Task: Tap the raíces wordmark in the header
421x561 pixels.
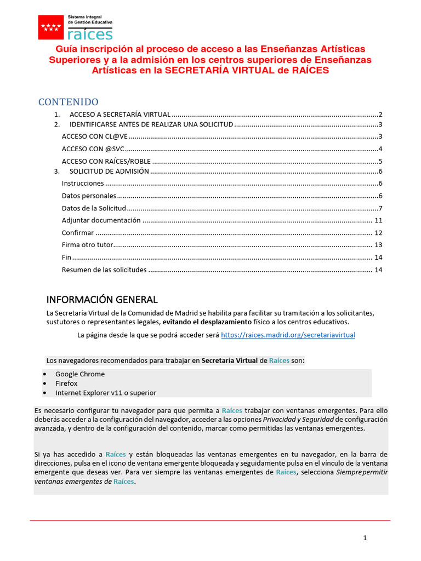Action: (90, 34)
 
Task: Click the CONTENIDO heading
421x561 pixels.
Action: (68, 102)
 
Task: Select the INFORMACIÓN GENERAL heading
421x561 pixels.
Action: (102, 300)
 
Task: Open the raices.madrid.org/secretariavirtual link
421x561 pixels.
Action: (288, 335)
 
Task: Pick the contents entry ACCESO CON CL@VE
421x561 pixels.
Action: (94, 136)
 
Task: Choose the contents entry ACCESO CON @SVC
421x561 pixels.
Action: (93, 149)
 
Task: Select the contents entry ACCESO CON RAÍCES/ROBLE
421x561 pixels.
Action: (106, 161)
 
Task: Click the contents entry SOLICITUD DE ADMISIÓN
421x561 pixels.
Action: (109, 171)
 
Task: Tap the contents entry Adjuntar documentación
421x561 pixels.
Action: (101, 220)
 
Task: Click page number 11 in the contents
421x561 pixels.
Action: (378, 220)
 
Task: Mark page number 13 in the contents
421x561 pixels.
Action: (378, 245)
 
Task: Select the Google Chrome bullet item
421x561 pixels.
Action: (79, 374)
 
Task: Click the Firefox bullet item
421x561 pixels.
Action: (66, 383)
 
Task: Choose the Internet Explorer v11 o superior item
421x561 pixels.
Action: (105, 393)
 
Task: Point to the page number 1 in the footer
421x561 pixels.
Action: (365, 538)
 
